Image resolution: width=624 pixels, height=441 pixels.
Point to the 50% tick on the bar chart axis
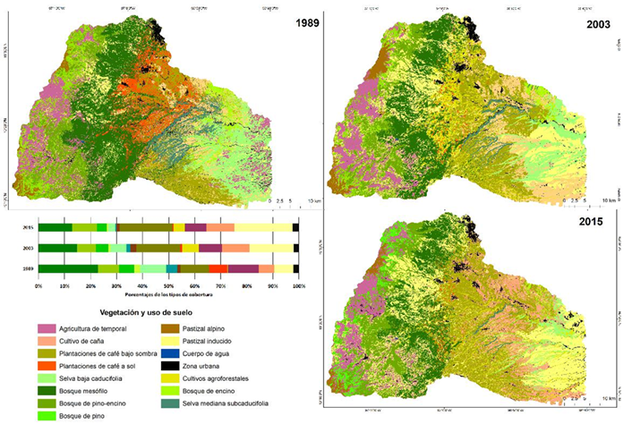click(168, 286)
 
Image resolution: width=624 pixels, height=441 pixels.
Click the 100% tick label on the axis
click(298, 286)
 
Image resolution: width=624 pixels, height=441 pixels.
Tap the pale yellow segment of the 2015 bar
click(263, 228)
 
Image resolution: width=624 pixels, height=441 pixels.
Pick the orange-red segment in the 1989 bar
click(218, 268)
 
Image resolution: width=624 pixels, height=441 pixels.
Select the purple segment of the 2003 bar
click(210, 248)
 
